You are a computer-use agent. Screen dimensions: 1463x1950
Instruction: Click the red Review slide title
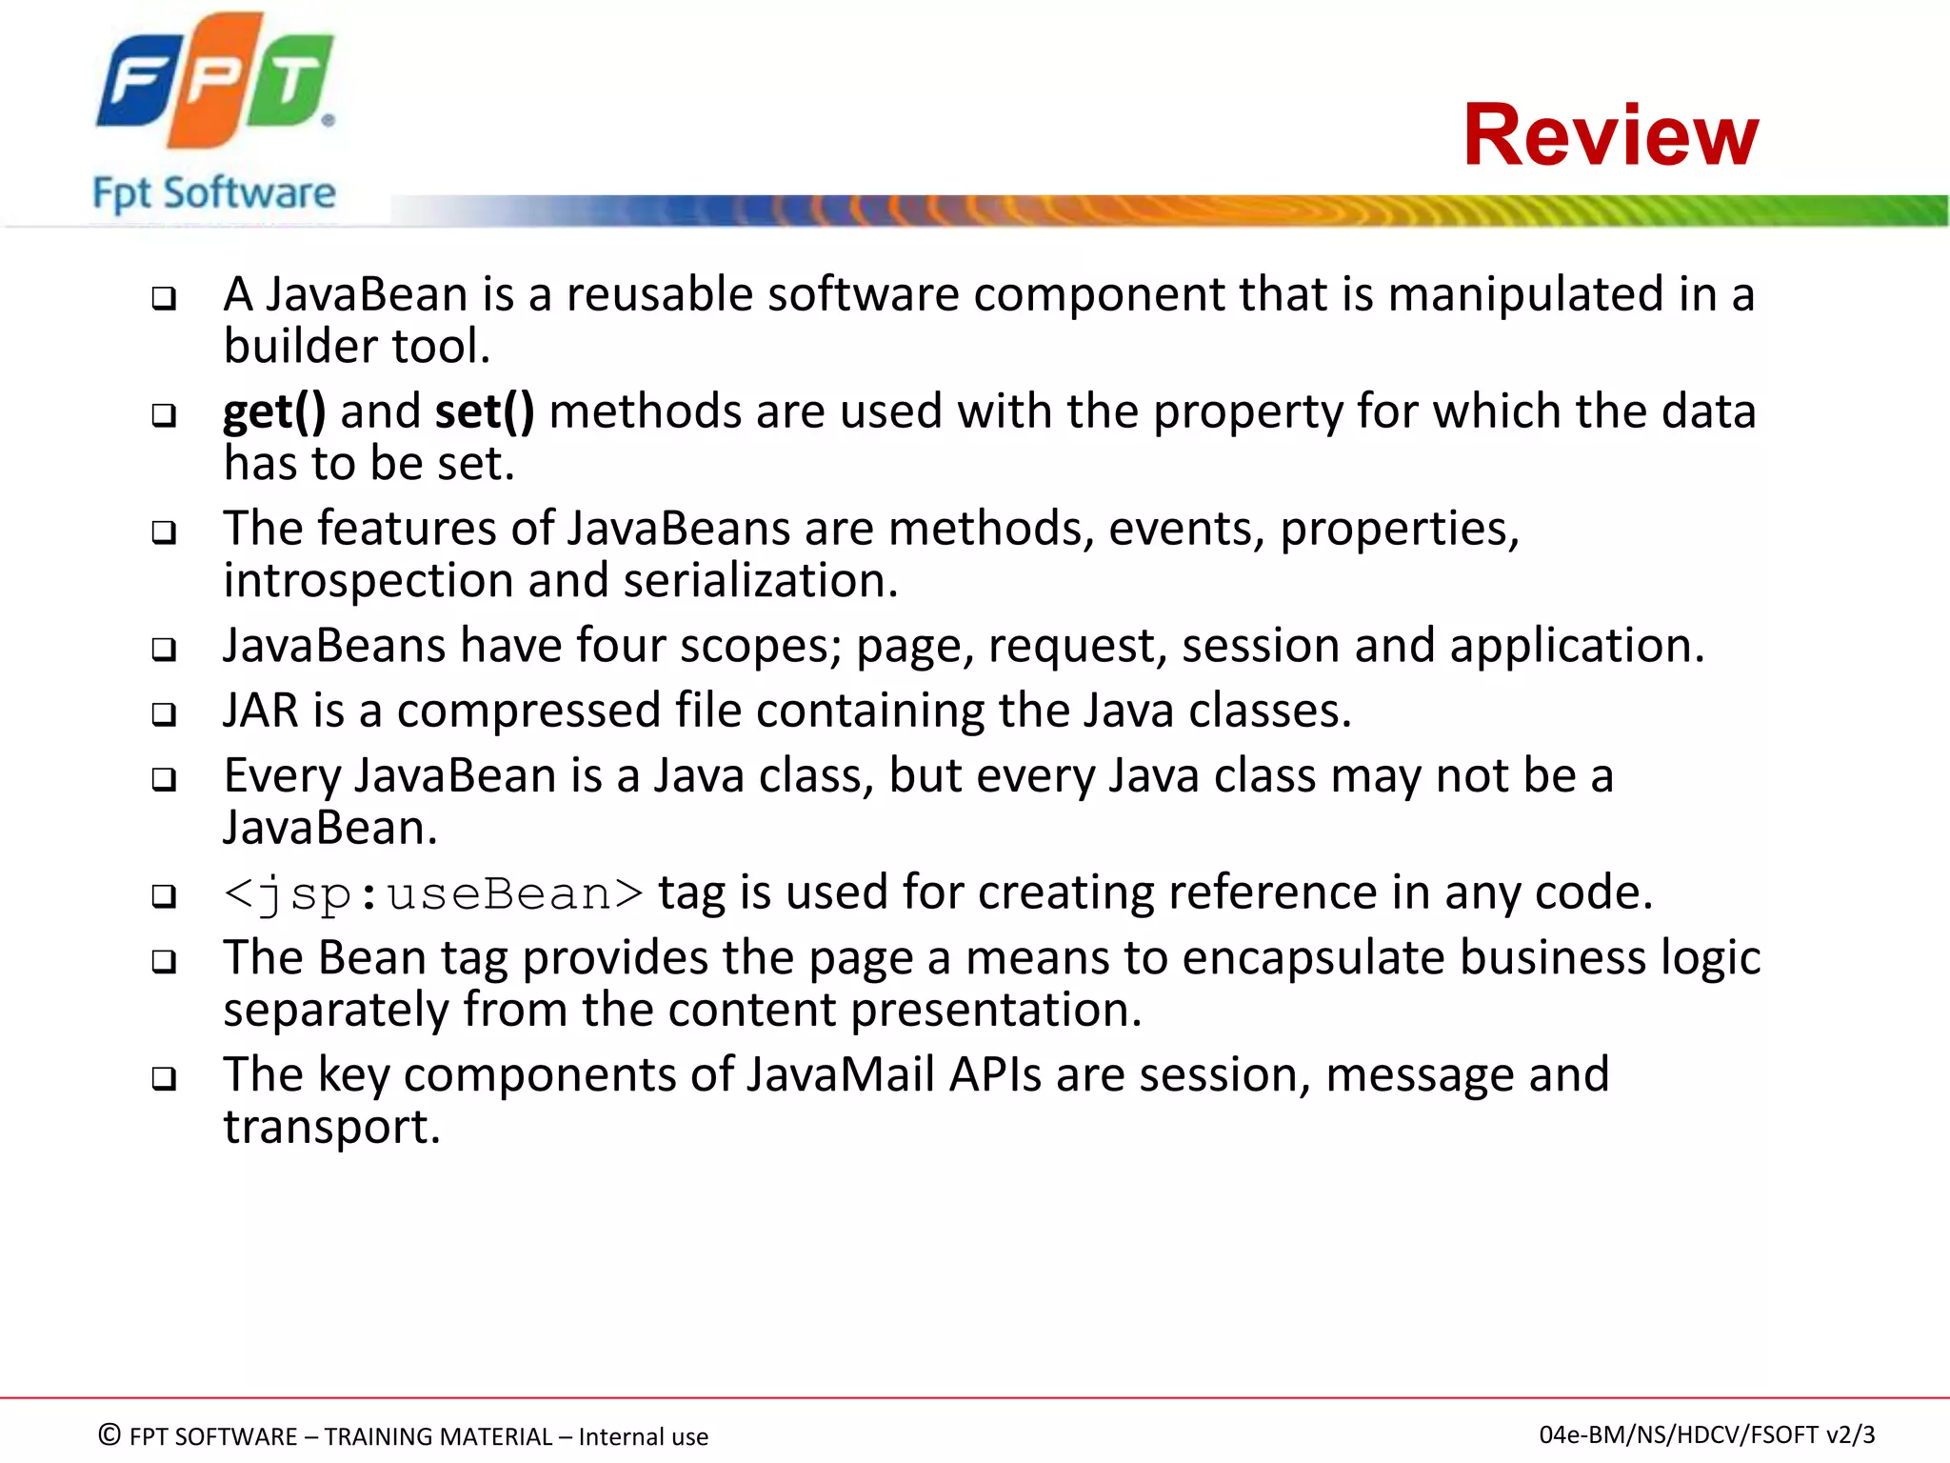[1610, 135]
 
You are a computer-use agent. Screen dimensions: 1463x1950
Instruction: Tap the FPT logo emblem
[215, 80]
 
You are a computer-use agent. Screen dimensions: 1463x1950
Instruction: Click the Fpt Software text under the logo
[214, 193]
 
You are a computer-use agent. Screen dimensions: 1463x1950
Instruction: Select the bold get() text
[274, 412]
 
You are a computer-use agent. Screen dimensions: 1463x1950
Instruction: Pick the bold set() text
[485, 412]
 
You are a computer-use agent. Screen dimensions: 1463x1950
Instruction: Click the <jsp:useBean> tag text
[433, 894]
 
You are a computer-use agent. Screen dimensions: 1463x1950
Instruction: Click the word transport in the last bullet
[330, 1128]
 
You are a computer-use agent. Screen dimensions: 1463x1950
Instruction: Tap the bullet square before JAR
[165, 714]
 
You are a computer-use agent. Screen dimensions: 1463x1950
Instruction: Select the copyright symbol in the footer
[109, 1434]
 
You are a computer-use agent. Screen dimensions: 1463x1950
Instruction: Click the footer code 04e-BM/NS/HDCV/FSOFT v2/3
[1706, 1434]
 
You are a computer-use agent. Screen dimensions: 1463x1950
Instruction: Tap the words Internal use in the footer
[643, 1436]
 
